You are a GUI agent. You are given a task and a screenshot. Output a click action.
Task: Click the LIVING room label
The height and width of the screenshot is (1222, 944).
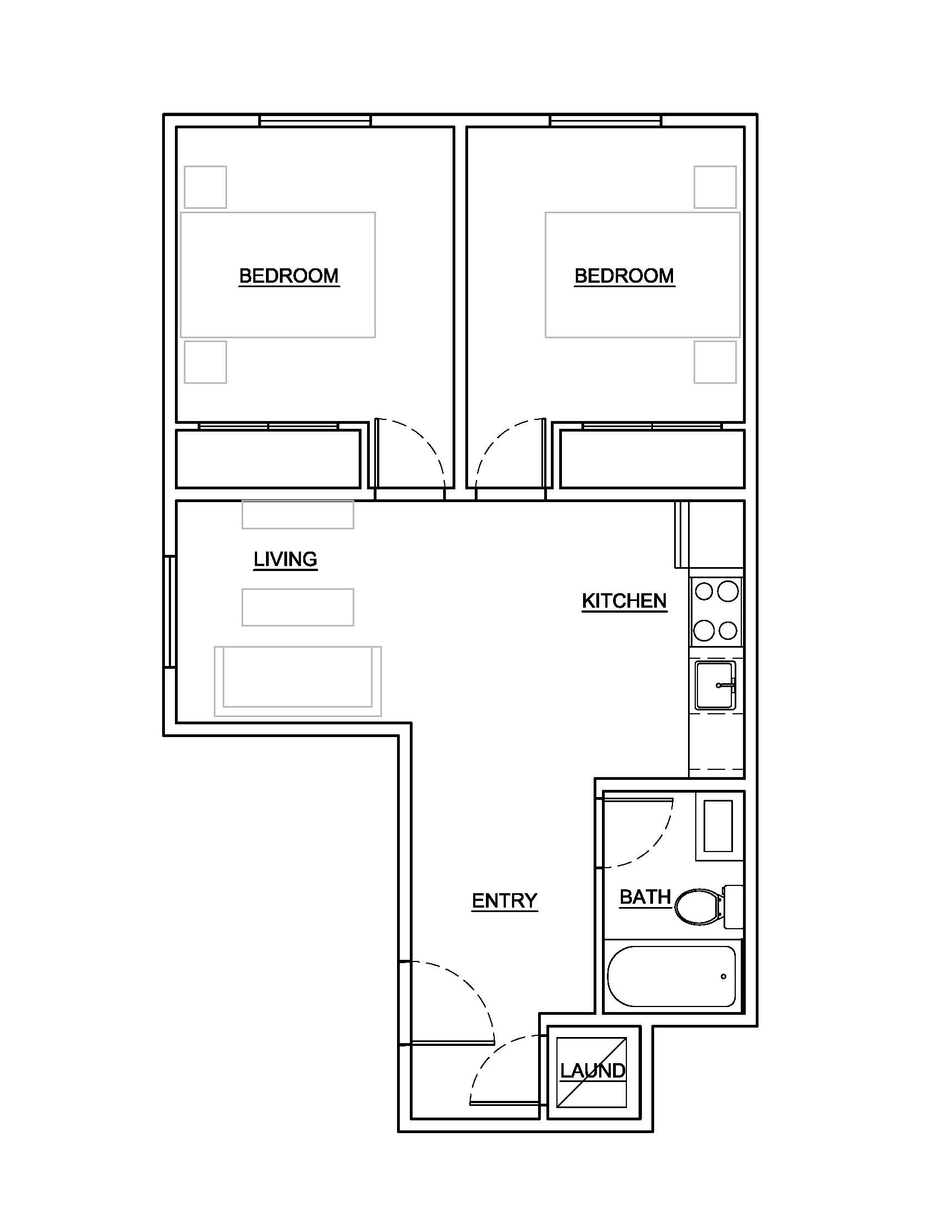pyautogui.click(x=285, y=559)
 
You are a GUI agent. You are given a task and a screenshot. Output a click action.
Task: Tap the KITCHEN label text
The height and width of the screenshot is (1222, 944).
pyautogui.click(x=624, y=601)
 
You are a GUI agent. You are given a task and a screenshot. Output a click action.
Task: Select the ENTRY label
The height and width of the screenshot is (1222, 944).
pyautogui.click(x=504, y=901)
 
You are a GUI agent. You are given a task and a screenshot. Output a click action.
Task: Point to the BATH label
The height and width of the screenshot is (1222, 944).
pyautogui.click(x=645, y=898)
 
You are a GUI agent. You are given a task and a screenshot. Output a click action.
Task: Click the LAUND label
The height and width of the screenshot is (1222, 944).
pyautogui.click(x=593, y=1071)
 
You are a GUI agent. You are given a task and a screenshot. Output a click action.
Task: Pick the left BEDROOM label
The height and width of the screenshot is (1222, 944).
pyautogui.click(x=289, y=276)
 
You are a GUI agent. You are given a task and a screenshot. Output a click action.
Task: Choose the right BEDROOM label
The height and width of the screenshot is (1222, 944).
pyautogui.click(x=624, y=276)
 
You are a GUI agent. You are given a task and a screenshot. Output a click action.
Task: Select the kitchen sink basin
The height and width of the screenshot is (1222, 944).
pyautogui.click(x=715, y=686)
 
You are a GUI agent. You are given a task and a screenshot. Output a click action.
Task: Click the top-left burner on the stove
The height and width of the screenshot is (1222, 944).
pyautogui.click(x=704, y=592)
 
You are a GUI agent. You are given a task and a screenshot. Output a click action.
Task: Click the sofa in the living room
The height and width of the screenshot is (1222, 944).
pyautogui.click(x=298, y=681)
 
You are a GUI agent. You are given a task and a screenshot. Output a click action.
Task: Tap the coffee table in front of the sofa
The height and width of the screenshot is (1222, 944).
pyautogui.click(x=298, y=607)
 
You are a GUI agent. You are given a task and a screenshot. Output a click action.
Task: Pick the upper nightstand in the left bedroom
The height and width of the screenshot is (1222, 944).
pyautogui.click(x=205, y=187)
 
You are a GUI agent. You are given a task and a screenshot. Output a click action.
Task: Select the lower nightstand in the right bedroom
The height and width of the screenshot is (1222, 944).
pyautogui.click(x=715, y=362)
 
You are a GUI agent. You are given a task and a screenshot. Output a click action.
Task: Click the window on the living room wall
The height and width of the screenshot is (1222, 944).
pyautogui.click(x=170, y=612)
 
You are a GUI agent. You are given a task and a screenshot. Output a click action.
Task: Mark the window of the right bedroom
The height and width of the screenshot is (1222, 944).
pyautogui.click(x=606, y=121)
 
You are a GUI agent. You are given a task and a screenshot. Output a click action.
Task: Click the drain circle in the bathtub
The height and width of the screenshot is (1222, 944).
pyautogui.click(x=724, y=977)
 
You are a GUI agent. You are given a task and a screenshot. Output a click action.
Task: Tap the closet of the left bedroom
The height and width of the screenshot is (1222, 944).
pyautogui.click(x=268, y=459)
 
